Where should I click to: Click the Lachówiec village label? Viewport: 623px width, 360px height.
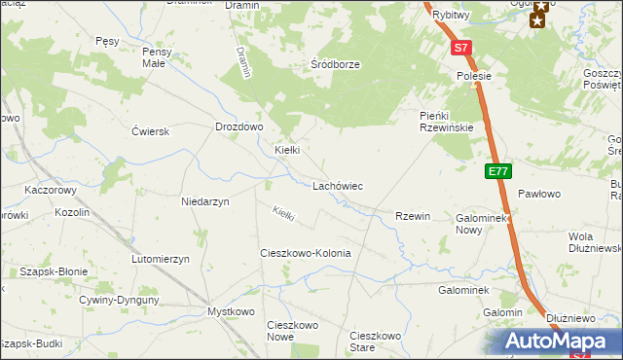(x=338, y=185)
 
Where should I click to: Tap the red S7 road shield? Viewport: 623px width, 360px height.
(x=460, y=47)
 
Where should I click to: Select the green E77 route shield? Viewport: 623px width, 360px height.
(x=497, y=171)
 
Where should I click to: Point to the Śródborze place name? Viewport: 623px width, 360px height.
(x=335, y=64)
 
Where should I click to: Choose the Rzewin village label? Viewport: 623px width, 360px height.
(x=412, y=216)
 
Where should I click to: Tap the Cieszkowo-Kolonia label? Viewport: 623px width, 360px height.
(x=305, y=253)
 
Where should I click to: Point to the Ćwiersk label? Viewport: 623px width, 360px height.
(x=151, y=130)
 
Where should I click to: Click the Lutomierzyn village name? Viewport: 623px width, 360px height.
(x=165, y=259)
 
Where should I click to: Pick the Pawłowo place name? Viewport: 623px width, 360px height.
(x=539, y=195)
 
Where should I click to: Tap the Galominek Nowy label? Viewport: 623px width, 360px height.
(x=482, y=224)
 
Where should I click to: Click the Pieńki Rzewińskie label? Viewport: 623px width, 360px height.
(x=446, y=121)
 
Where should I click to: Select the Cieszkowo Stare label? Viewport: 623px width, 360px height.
(x=375, y=342)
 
